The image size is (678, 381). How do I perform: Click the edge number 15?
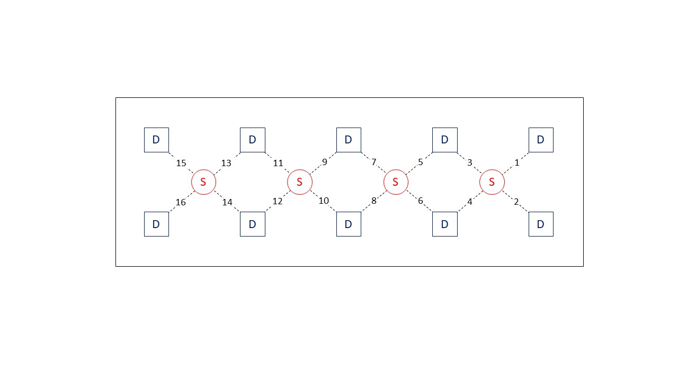click(181, 163)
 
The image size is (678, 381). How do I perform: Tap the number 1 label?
click(517, 163)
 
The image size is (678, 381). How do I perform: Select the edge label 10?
click(324, 201)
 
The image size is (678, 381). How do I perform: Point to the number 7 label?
click(373, 162)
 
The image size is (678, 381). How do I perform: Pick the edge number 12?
click(278, 201)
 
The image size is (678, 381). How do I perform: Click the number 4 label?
click(469, 202)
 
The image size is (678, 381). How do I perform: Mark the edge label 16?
click(181, 202)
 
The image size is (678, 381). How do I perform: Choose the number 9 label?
click(325, 162)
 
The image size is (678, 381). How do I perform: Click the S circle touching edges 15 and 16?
click(203, 182)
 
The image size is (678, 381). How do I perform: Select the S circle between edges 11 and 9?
click(300, 182)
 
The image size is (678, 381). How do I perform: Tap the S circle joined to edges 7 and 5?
click(396, 182)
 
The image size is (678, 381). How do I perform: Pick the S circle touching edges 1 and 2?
click(492, 182)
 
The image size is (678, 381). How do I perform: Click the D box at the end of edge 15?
click(156, 140)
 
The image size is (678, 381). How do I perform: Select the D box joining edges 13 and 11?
click(253, 140)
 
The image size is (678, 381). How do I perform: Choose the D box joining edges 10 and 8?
click(349, 224)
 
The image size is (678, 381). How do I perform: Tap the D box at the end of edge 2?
click(541, 224)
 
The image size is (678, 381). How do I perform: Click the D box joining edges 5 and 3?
click(445, 140)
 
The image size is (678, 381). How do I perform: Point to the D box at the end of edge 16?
click(156, 224)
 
